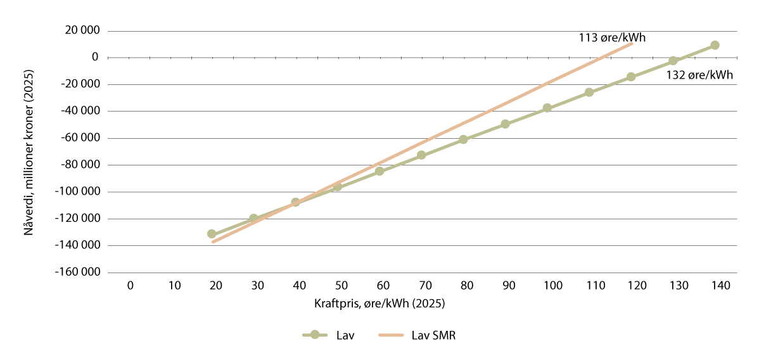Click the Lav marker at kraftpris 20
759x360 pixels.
coord(212,234)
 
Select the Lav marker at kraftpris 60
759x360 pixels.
coord(379,171)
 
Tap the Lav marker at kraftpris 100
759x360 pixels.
coord(547,108)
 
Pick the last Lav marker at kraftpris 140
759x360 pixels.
coord(715,45)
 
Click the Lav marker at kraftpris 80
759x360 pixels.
coord(463,139)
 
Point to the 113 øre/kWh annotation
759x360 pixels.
coord(612,37)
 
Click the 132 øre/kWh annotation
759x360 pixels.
coord(699,75)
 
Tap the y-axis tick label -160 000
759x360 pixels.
coord(78,273)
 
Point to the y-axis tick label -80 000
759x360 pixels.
coord(80,165)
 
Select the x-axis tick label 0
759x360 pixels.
coord(130,286)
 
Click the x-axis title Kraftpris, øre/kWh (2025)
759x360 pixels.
coord(379,303)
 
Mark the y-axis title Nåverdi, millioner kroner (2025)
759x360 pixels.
coord(29,152)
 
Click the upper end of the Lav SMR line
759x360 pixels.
coord(632,44)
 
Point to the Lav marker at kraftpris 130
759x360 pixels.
coord(673,61)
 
